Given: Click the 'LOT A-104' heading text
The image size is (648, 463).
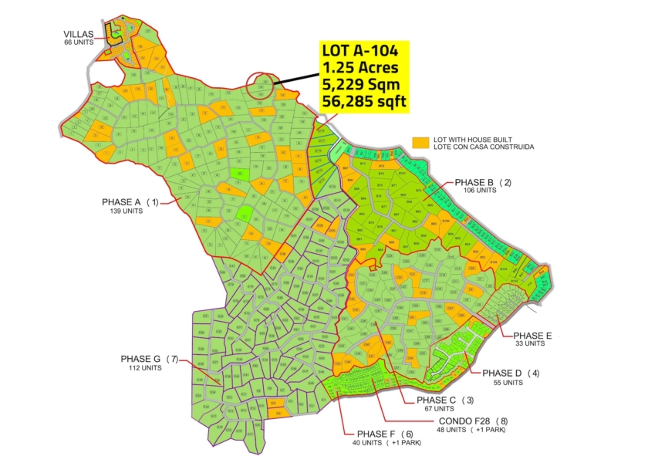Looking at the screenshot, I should (359, 51).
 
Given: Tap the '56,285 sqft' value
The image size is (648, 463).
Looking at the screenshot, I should (363, 101).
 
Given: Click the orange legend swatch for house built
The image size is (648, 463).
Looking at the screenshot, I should (420, 143).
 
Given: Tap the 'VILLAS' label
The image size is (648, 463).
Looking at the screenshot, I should (79, 34).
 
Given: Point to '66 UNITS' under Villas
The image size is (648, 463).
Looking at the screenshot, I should (79, 42).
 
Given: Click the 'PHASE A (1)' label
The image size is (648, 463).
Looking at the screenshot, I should (130, 202).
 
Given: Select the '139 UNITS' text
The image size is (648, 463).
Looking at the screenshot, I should (127, 211).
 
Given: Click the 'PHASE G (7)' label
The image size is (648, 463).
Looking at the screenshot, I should (149, 359).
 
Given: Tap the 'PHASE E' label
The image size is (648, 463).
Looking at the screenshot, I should (533, 336).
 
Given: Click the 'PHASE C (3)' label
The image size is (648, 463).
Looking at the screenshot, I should (445, 400).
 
